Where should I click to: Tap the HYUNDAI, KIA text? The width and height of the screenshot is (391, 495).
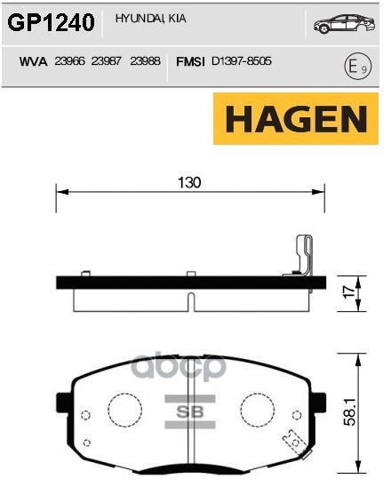point(145,18)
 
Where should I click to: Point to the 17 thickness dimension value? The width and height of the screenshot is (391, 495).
point(350,291)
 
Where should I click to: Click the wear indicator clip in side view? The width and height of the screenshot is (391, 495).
point(302,258)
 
